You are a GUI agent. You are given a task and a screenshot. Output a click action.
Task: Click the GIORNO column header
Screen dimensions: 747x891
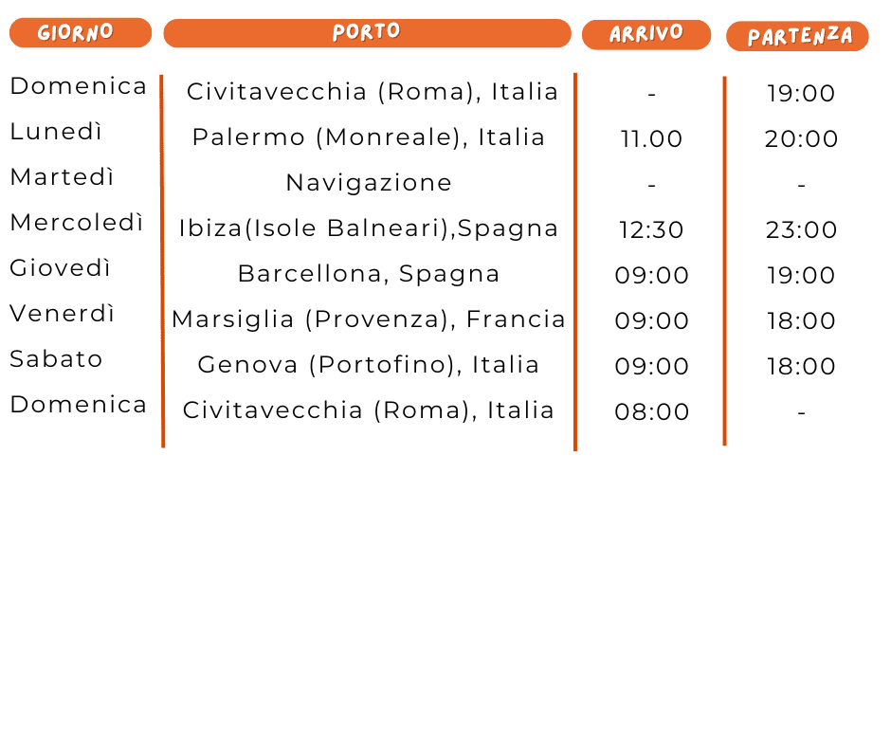click(x=80, y=33)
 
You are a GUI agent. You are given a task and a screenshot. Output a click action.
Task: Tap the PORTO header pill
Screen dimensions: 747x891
click(x=367, y=32)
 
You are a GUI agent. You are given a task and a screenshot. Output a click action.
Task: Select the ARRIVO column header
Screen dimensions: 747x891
click(x=646, y=34)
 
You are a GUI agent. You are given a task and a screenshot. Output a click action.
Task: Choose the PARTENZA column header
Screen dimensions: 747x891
click(x=797, y=37)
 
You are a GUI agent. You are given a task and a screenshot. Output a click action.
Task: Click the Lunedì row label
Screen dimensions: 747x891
click(x=56, y=132)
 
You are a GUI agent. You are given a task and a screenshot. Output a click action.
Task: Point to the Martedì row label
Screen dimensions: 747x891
click(x=62, y=177)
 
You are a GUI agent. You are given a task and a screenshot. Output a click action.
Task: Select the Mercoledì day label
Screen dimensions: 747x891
click(x=77, y=223)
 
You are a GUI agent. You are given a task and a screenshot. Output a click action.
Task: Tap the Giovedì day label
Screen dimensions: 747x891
click(x=61, y=268)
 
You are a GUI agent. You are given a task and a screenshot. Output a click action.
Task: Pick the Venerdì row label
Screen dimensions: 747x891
click(x=63, y=314)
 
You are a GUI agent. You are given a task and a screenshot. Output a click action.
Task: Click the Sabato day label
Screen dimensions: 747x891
click(x=56, y=359)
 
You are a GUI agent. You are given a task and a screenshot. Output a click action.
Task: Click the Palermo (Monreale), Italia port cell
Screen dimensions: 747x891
click(x=368, y=137)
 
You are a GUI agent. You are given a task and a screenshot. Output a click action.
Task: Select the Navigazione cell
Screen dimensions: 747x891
click(x=368, y=183)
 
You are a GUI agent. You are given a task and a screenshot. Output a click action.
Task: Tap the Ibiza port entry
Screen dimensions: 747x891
click(x=368, y=228)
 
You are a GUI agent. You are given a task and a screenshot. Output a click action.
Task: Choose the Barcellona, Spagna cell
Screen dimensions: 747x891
click(x=368, y=274)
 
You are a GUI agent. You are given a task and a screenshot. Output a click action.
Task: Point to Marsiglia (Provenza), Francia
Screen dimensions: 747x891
click(x=368, y=319)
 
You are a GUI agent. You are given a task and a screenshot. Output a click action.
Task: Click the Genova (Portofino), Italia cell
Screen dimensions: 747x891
click(x=368, y=365)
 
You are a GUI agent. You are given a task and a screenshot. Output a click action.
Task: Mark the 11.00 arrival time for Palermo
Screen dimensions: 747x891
click(x=651, y=139)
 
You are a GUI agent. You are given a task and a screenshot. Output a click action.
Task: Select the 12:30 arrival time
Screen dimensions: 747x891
click(x=651, y=230)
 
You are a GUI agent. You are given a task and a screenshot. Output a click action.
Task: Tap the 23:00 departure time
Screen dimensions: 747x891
click(x=801, y=230)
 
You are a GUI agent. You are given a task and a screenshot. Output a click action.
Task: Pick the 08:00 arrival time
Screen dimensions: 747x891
click(x=651, y=412)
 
